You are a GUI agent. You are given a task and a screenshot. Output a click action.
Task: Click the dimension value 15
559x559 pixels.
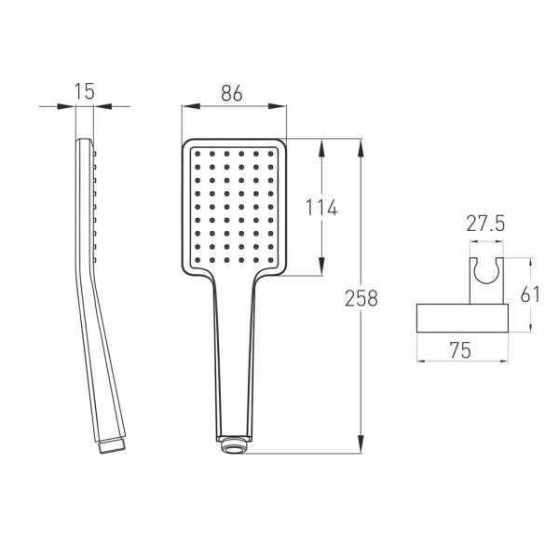[x=85, y=91]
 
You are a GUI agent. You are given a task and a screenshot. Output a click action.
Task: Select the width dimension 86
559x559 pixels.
[x=232, y=93]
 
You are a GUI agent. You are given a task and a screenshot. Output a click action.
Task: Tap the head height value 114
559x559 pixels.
[x=321, y=208]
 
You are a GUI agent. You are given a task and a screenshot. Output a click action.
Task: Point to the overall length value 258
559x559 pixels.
[x=361, y=298]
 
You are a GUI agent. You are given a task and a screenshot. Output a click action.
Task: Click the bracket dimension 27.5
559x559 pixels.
[x=485, y=224]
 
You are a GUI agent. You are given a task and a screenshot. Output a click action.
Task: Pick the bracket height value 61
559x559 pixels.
[x=530, y=294]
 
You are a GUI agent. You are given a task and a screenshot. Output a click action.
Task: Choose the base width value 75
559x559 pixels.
[x=460, y=350]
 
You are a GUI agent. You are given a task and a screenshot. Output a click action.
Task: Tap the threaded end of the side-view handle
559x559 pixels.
[x=111, y=446]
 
